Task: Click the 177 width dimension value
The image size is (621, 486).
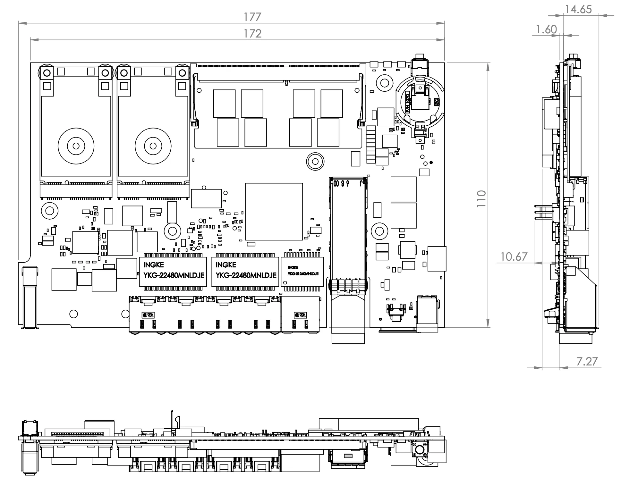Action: click(x=252, y=17)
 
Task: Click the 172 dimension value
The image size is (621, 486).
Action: click(x=252, y=33)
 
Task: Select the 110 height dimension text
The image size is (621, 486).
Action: click(x=481, y=198)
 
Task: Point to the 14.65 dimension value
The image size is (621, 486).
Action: click(x=578, y=9)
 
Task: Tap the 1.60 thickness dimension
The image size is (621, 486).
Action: click(x=546, y=30)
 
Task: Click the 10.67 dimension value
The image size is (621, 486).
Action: click(x=514, y=257)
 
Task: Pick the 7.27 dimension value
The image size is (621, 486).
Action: click(x=587, y=362)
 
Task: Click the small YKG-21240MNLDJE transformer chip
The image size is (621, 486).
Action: click(x=302, y=271)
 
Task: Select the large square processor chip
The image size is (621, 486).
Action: click(x=274, y=212)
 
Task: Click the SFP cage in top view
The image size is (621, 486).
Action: click(x=348, y=234)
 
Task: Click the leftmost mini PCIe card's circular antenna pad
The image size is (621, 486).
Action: click(x=76, y=146)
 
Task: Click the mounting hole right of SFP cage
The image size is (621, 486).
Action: click(x=379, y=231)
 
